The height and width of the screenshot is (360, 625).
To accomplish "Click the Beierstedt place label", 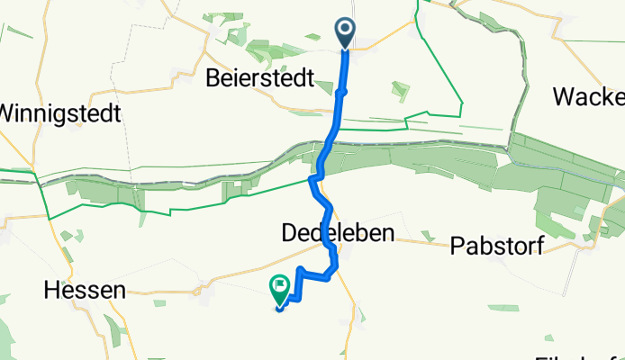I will coord(259,78).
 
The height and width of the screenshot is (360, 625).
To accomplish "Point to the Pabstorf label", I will coord(495,247).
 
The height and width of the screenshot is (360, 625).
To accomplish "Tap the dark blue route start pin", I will coord(346,34).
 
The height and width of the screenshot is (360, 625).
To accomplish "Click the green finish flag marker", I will coord(280,289).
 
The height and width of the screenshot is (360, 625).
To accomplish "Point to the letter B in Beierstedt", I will coord(214,78).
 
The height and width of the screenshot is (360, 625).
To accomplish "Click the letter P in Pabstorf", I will coord(457,247).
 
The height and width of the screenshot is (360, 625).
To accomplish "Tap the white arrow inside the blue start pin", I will coord(346,32).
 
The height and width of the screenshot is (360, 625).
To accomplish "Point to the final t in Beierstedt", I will coord(309,78).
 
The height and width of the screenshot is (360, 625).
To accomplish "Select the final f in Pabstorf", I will coord(539,247).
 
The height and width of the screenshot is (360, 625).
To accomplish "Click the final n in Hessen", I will coord(119,290).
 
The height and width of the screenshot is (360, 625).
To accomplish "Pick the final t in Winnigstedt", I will coord(117,114).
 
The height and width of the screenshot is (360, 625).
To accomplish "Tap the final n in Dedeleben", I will coord(387,234).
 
